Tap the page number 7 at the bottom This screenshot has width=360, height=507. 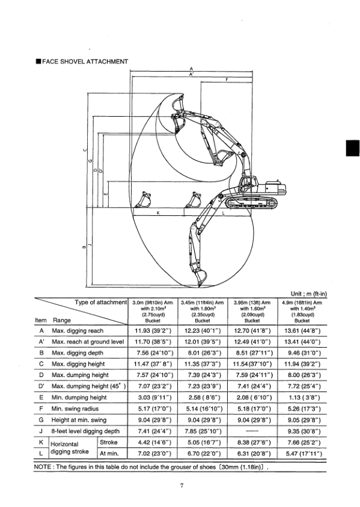click(x=180, y=487)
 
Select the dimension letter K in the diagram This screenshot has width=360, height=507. click(x=158, y=213)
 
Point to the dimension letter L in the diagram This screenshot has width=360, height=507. click(x=224, y=213)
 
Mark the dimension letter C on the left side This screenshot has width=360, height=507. click(x=85, y=150)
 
